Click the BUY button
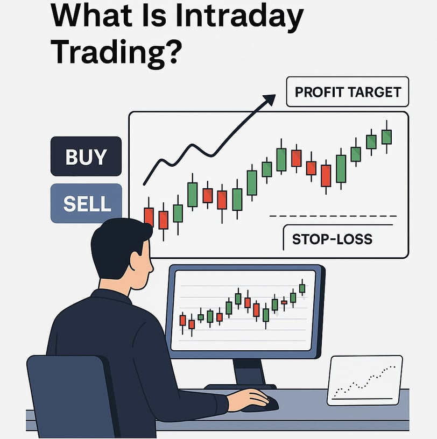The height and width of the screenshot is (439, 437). (x=86, y=156)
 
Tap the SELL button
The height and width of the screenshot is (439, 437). (x=86, y=203)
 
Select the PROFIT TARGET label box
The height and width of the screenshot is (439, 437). (x=347, y=92)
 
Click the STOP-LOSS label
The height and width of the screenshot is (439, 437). (x=332, y=239)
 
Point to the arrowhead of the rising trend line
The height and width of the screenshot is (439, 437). (x=270, y=99)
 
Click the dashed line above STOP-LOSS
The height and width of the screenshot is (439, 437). (x=333, y=216)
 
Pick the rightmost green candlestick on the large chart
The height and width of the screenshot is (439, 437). (x=386, y=137)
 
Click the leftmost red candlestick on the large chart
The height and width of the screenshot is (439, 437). (x=149, y=216)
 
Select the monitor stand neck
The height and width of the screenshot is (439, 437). (x=249, y=372)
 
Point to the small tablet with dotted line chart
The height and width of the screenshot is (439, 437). (x=365, y=380)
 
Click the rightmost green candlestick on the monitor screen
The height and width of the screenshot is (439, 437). (x=302, y=288)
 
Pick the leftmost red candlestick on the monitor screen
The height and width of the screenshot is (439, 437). (x=182, y=320)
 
